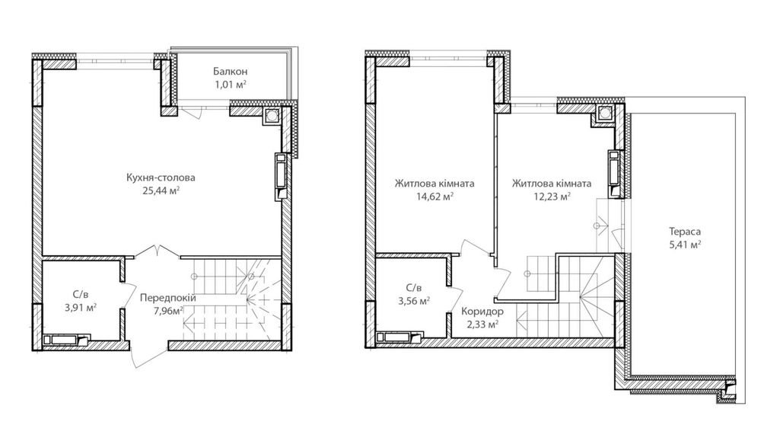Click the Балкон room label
(x=230, y=72)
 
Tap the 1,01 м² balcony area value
(x=231, y=85)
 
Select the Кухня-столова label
(x=161, y=177)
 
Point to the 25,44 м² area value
(x=161, y=191)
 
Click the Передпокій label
(x=168, y=298)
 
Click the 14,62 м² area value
(x=435, y=197)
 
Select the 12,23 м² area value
(x=551, y=197)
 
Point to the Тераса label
(x=685, y=232)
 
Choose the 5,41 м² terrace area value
(x=685, y=245)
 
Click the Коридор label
(x=482, y=312)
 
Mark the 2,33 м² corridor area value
(x=482, y=324)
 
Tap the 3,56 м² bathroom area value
(x=414, y=301)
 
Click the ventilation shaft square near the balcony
(x=271, y=116)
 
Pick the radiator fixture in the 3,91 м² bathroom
(x=65, y=340)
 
